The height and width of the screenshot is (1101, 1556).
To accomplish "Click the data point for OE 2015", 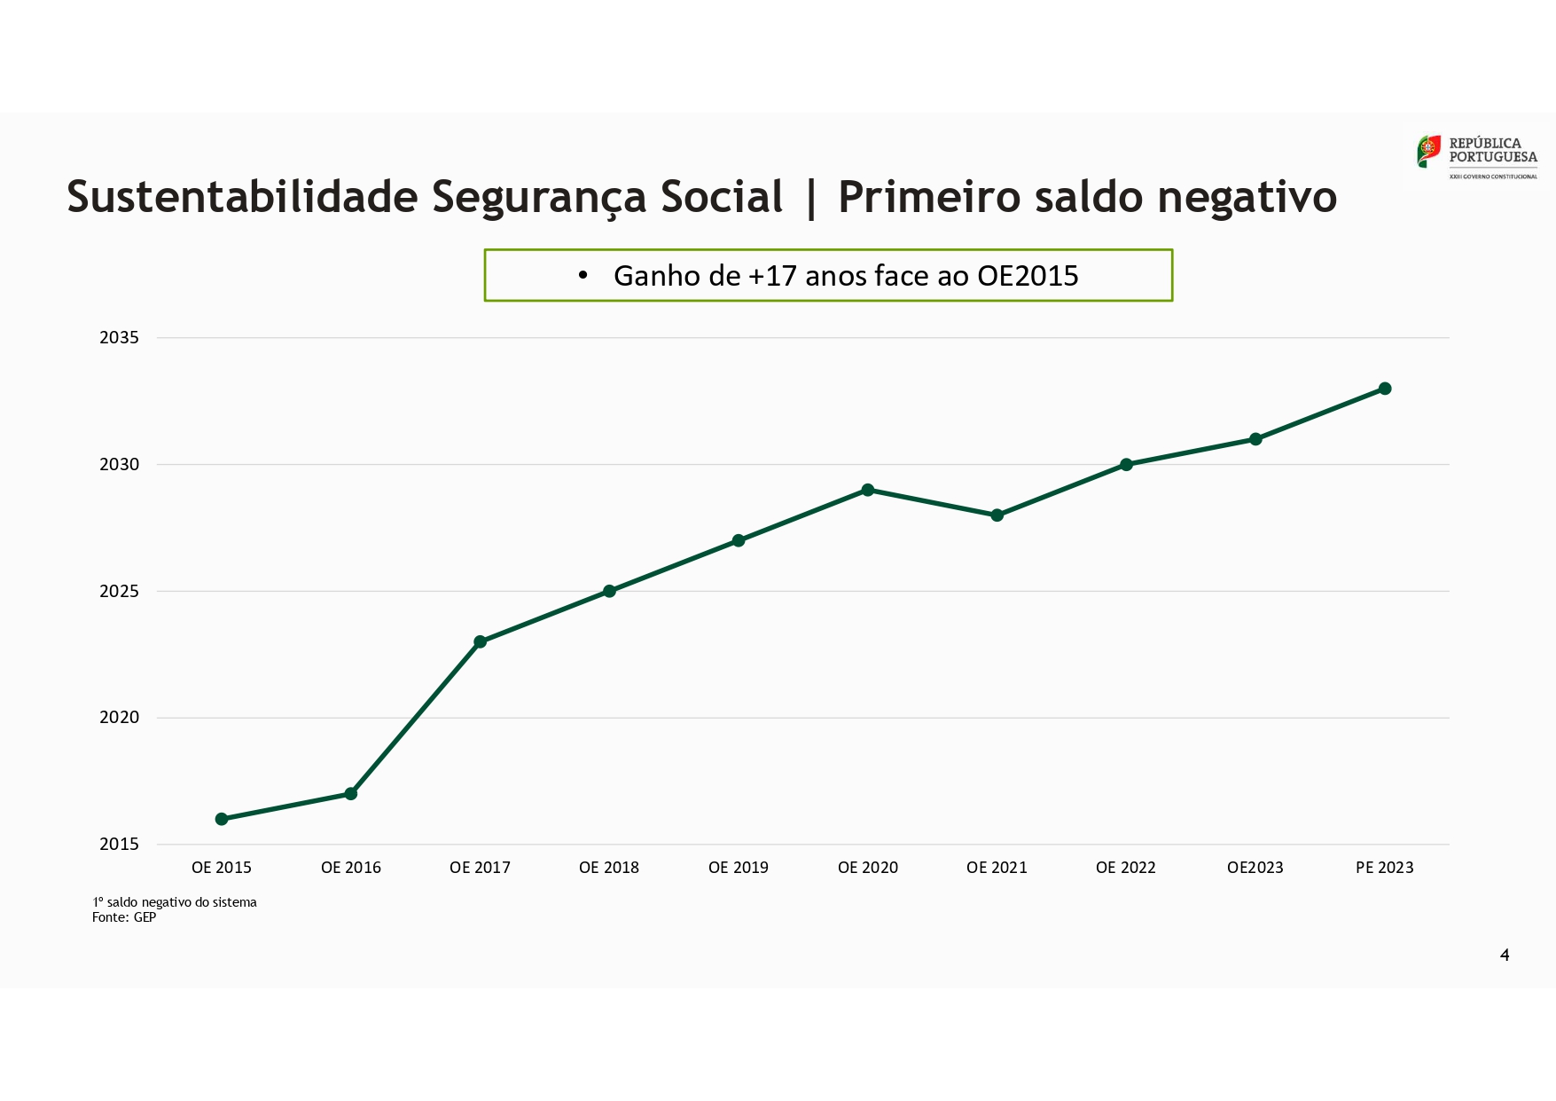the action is point(222,819).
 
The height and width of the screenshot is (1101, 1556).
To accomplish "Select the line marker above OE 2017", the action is point(481,641).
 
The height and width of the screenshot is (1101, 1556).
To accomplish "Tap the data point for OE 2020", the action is point(868,490).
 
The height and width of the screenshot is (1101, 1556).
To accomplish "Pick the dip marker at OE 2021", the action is point(997,515).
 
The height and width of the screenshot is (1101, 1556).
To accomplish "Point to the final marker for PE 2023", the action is point(1385,389).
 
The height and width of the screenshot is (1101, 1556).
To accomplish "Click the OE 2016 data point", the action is point(351,793).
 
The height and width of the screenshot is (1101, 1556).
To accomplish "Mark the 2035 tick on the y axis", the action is point(120,337).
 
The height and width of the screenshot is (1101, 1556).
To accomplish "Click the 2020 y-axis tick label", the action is point(120,718).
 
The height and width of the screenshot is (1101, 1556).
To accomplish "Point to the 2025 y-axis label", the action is point(120,591).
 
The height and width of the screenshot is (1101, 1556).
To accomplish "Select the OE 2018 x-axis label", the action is point(609,868).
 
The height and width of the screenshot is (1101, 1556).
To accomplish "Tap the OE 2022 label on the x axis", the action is point(1126,868).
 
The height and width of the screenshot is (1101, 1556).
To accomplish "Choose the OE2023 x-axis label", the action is point(1255,868).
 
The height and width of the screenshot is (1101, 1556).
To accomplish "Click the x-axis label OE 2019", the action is point(739,868).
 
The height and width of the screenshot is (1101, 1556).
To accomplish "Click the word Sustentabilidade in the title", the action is point(242,196).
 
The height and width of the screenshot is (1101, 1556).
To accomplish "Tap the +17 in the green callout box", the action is point(772,276).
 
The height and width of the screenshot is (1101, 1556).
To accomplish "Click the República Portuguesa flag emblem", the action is point(1428,151).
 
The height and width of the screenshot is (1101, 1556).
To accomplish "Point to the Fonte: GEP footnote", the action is point(124,917).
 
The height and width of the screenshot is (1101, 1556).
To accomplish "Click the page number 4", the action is point(1505,955).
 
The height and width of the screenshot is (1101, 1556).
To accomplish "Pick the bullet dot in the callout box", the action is point(583,276).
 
